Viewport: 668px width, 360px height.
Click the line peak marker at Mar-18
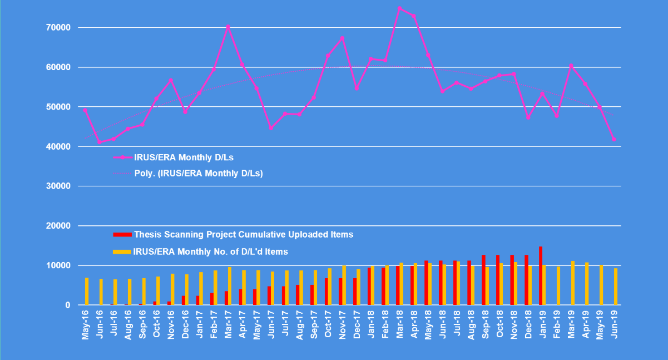tap(399, 8)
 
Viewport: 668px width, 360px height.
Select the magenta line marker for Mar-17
tap(228, 26)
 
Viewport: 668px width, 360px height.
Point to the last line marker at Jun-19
tap(614, 139)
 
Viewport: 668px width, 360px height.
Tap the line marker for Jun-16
tap(100, 142)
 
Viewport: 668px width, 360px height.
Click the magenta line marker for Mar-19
tap(571, 66)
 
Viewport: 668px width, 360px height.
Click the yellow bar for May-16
tap(87, 291)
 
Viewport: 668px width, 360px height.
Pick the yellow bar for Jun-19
tap(616, 287)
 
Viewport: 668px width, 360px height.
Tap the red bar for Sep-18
tap(483, 280)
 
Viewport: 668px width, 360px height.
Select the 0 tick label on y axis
tap(68, 305)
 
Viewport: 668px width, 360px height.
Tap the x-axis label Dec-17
tap(357, 325)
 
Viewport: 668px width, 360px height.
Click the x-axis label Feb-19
tap(557, 325)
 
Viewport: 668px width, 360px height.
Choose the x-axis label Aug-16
tap(128, 325)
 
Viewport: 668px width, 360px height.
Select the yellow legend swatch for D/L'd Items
tap(122, 252)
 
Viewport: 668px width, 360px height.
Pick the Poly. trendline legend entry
tap(197, 173)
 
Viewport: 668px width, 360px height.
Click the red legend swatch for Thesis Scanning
tap(122, 235)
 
